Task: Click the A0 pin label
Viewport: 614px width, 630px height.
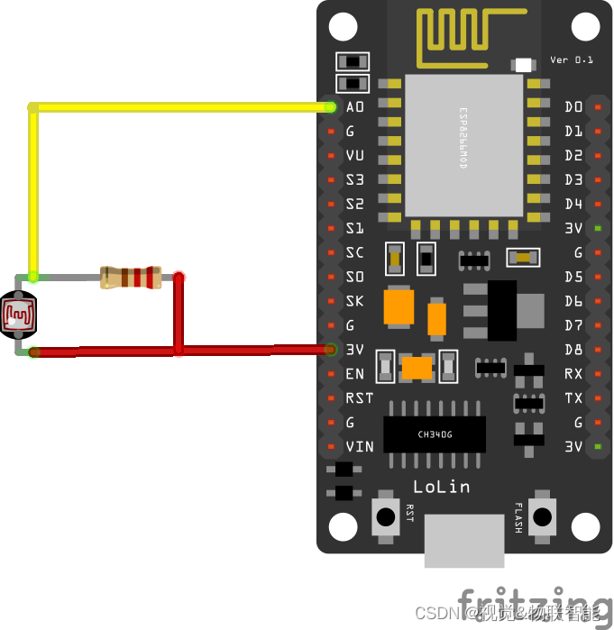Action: [354, 107]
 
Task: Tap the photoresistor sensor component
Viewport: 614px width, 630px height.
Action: [18, 315]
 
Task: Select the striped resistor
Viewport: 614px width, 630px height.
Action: [131, 277]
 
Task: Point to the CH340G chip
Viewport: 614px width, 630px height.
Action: [435, 434]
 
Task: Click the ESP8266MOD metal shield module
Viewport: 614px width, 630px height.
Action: [463, 144]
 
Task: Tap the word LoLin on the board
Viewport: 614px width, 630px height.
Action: [442, 487]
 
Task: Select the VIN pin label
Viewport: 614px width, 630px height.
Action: [359, 446]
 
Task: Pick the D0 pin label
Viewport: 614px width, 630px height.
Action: [574, 107]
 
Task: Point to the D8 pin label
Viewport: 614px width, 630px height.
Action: [574, 349]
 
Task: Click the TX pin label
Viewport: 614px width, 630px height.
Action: [574, 397]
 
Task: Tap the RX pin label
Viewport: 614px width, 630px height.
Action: [574, 373]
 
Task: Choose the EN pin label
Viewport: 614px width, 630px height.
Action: [354, 373]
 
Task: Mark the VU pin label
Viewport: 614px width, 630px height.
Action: [354, 155]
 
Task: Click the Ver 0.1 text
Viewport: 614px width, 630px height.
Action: [572, 60]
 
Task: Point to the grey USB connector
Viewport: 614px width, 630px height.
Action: [464, 540]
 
